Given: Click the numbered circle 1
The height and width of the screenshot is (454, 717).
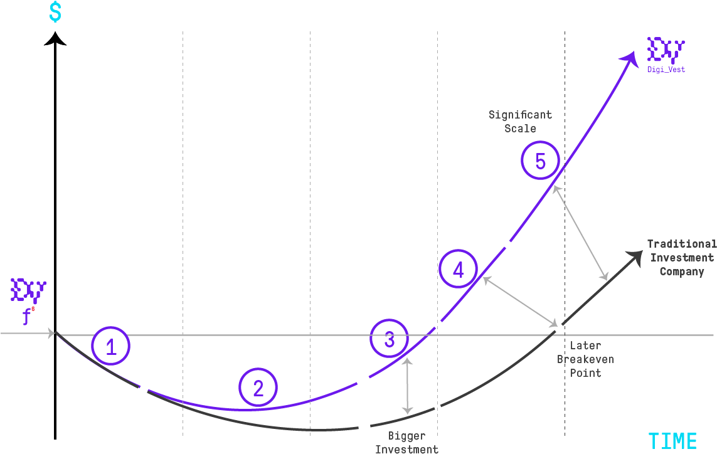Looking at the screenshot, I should click(x=111, y=346).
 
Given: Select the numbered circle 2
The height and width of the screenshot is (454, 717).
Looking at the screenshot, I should click(x=258, y=388).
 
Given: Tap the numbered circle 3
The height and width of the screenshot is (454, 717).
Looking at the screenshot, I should click(x=389, y=339).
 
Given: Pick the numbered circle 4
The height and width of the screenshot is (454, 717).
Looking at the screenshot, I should click(x=459, y=270).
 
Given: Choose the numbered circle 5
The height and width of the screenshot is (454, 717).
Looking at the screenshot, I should click(x=540, y=161).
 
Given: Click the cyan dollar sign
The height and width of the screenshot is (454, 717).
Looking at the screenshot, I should click(x=55, y=13).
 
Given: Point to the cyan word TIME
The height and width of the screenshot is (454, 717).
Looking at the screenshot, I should click(x=672, y=441).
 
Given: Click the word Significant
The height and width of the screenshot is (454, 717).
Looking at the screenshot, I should click(x=520, y=115).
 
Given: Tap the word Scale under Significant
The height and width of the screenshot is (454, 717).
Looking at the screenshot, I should click(x=520, y=129).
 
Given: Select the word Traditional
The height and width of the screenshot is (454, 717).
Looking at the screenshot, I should click(x=681, y=244).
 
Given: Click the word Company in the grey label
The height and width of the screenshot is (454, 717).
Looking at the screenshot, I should click(x=681, y=272).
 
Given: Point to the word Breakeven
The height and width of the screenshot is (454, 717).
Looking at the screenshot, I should click(x=585, y=359).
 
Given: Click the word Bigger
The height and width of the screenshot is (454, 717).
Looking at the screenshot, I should click(x=406, y=436).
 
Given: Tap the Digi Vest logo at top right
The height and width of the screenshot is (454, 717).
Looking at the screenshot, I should click(x=666, y=53).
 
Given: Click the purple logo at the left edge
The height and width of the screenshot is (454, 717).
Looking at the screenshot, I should click(x=28, y=295).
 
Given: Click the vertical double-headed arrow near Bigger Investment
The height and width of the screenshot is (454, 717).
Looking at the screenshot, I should click(x=408, y=386).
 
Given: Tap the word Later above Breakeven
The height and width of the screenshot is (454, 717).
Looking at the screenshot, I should click(x=585, y=346).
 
